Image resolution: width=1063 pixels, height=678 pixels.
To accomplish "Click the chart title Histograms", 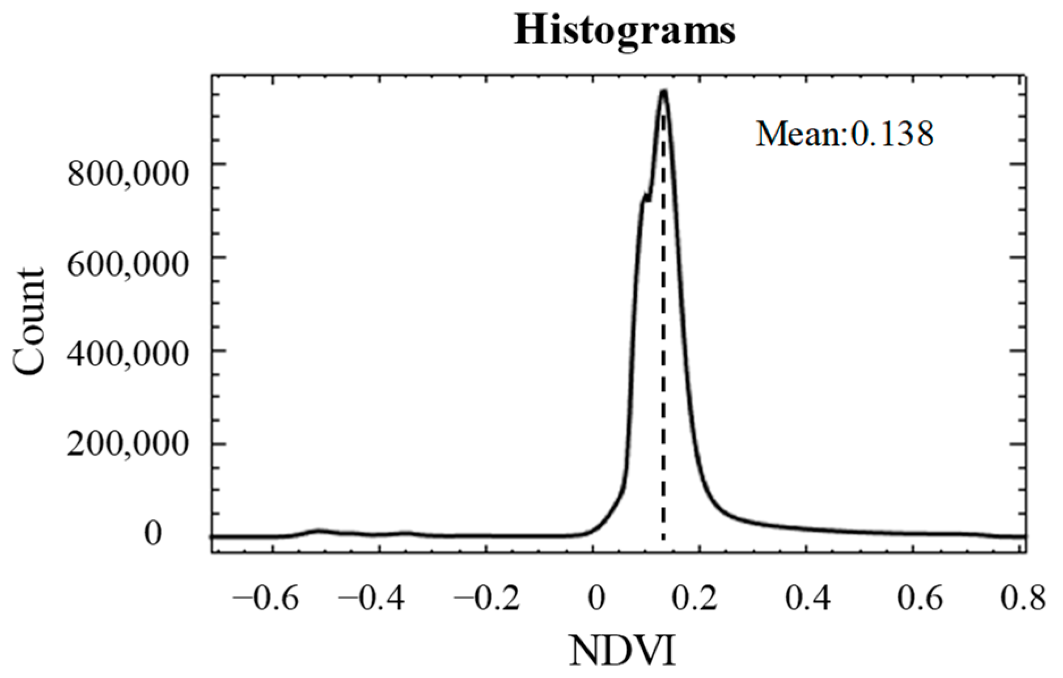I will (624, 31).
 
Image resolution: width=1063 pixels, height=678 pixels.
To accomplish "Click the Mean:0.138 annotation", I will (845, 134).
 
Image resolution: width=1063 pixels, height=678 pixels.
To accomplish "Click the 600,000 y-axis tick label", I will (127, 265).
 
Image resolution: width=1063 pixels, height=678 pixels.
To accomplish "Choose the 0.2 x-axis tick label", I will (700, 599).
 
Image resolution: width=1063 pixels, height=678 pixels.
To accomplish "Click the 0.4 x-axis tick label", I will (807, 599).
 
